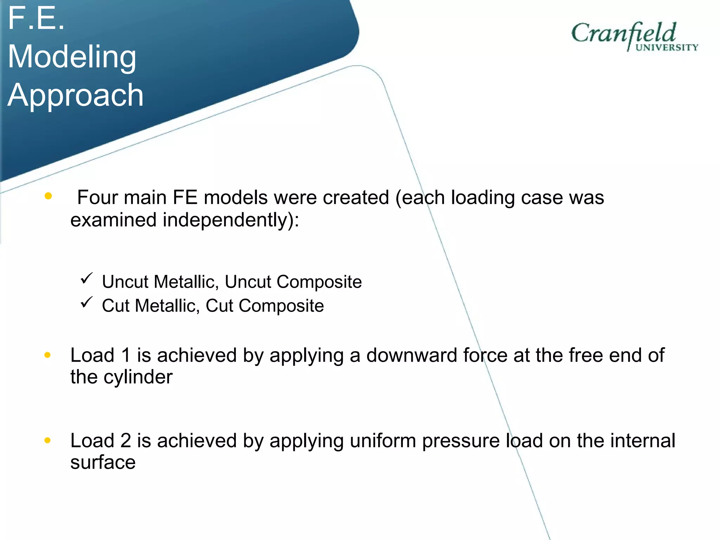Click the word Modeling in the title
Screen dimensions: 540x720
point(72,57)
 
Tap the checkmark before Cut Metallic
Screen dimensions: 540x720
point(86,302)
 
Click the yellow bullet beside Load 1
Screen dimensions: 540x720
point(47,355)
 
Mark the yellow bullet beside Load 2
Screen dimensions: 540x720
point(47,440)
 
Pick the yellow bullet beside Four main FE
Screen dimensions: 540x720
point(48,196)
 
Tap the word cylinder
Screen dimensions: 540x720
point(138,377)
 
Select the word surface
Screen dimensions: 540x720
point(103,462)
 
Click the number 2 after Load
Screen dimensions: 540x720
point(126,441)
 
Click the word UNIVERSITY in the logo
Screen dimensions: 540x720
point(667,48)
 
